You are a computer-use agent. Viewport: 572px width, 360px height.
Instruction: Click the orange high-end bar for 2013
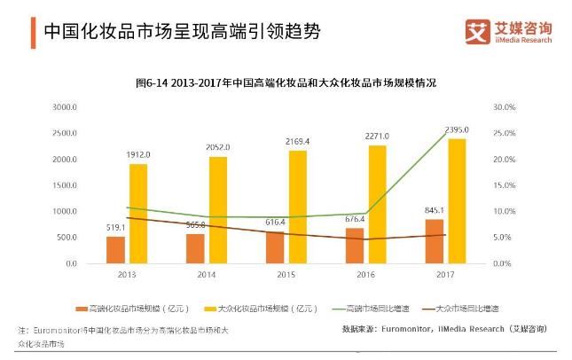[x=115, y=249]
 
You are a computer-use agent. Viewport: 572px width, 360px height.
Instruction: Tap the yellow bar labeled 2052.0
[x=217, y=210]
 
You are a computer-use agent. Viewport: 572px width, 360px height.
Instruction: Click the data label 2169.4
[x=297, y=141]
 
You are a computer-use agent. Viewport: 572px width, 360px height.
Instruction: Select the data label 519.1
[x=114, y=227]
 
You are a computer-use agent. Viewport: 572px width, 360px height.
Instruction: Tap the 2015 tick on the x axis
[x=286, y=276]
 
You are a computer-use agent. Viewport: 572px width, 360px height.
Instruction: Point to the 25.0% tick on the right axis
[x=503, y=134]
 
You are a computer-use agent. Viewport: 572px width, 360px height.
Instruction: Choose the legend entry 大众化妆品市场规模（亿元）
[x=255, y=308]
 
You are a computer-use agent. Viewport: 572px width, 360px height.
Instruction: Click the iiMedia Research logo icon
[x=477, y=32]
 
